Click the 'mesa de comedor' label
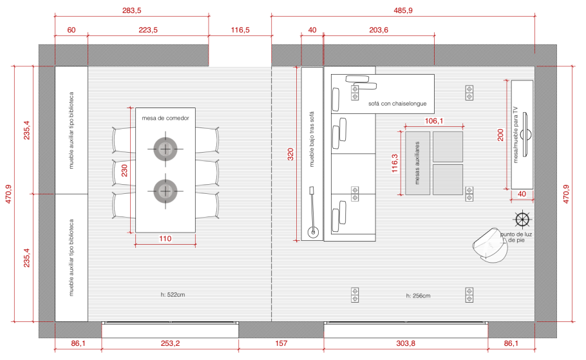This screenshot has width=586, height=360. (165, 118)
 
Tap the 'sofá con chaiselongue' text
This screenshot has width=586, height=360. (397, 104)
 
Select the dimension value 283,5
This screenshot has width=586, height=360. (131, 10)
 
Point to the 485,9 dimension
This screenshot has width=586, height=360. (403, 10)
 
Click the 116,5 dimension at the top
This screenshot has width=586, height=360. (240, 30)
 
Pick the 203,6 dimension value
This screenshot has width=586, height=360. (379, 30)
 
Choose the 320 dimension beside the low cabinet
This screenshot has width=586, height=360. (290, 154)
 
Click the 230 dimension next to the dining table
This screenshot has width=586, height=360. (124, 171)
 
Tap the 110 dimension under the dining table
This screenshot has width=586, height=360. (165, 238)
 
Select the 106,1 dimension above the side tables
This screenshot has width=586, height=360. (433, 120)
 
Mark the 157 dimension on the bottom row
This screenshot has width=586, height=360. (281, 343)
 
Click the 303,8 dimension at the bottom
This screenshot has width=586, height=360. (406, 343)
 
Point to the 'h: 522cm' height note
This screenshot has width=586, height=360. (173, 294)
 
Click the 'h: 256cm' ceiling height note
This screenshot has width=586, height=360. (418, 296)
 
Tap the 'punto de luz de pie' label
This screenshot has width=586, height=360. (516, 237)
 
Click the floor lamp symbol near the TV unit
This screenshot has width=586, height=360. (522, 220)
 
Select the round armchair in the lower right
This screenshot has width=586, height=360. (491, 245)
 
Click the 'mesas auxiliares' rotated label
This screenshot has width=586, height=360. (417, 163)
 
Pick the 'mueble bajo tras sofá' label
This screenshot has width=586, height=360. (312, 139)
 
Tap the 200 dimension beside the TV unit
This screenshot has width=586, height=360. (500, 135)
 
